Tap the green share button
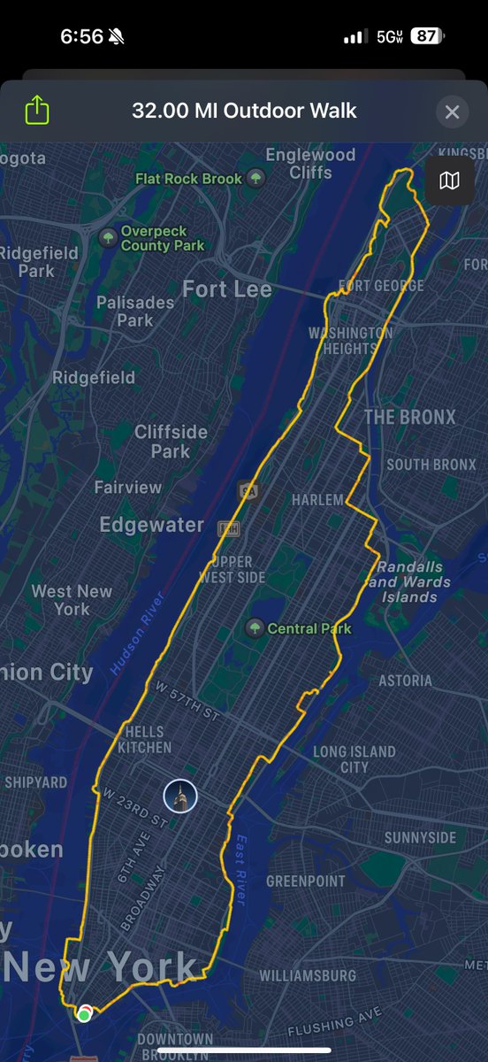click(x=37, y=112)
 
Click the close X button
click(x=452, y=112)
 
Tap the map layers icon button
click(x=449, y=181)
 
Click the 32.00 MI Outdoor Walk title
click(x=244, y=112)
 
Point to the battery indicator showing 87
click(x=425, y=36)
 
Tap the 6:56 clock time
click(x=81, y=36)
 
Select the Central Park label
click(x=309, y=628)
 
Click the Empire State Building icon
click(x=180, y=796)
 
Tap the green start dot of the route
click(x=84, y=1015)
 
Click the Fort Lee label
click(x=227, y=289)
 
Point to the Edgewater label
click(x=151, y=525)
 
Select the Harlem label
click(x=317, y=500)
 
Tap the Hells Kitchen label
click(x=144, y=739)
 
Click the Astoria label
click(x=405, y=680)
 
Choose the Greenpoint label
click(x=306, y=881)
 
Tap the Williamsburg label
click(x=308, y=975)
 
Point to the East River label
click(x=240, y=869)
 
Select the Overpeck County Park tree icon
click(x=108, y=236)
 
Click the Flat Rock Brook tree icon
click(x=255, y=179)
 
